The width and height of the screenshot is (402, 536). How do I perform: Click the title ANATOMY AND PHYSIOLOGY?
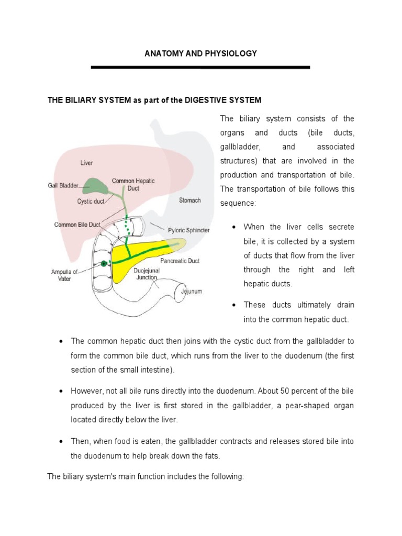[x=200, y=53]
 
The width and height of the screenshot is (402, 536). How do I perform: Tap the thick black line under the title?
[x=200, y=68]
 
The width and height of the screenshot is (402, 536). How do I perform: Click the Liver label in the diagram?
[x=86, y=163]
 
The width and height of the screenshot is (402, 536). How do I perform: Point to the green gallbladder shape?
[x=94, y=184]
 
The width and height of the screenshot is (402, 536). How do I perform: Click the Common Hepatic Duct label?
[x=133, y=185]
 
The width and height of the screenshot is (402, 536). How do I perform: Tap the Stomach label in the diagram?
[x=189, y=200]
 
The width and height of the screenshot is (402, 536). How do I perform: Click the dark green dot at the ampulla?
[x=104, y=263]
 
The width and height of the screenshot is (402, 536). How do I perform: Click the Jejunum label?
[x=191, y=292]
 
